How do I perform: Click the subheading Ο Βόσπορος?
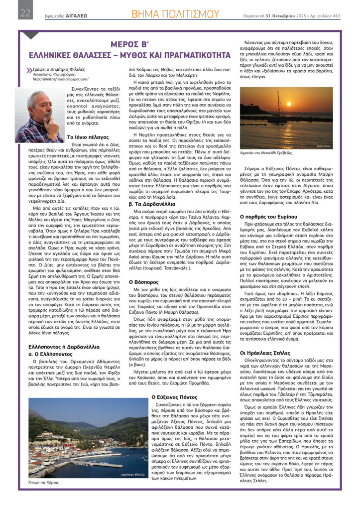144,281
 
